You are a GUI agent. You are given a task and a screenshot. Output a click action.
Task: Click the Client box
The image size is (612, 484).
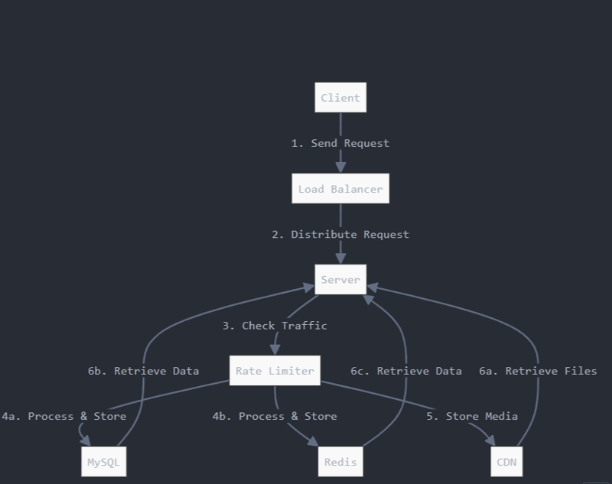[340, 98]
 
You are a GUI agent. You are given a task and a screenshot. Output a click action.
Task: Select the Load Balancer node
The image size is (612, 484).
[340, 189]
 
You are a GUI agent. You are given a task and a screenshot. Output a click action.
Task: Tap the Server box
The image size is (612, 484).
[340, 280]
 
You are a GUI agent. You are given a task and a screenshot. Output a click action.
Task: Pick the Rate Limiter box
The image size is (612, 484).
[275, 371]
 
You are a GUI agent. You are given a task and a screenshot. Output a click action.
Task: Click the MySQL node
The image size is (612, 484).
[103, 462]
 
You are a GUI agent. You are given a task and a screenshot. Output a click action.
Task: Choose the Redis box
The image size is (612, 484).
[340, 462]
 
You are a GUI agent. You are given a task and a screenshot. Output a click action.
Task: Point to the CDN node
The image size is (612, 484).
[506, 462]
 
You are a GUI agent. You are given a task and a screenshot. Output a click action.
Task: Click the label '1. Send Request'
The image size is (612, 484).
[340, 143]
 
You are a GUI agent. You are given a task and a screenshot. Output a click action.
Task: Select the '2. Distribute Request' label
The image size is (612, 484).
[340, 235]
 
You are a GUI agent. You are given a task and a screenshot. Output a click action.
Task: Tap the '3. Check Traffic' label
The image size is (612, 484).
[275, 326]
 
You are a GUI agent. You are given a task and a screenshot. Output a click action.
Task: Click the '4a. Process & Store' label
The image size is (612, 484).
[63, 416]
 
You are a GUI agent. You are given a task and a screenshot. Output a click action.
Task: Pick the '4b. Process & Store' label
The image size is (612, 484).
[275, 416]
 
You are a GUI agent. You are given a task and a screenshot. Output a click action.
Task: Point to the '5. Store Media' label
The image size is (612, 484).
[472, 416]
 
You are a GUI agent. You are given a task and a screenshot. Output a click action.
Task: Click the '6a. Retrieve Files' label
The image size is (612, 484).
[538, 371]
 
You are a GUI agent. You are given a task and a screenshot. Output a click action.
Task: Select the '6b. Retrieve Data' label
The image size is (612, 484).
[143, 371]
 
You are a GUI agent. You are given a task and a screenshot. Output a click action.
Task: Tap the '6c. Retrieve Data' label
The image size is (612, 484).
[406, 371]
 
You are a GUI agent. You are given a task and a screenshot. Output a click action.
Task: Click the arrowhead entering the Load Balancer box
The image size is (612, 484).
[340, 167]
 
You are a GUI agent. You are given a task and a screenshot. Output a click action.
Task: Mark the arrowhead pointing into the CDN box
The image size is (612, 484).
[490, 441]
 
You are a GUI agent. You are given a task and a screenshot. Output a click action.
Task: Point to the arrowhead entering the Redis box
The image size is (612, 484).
[313, 441]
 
